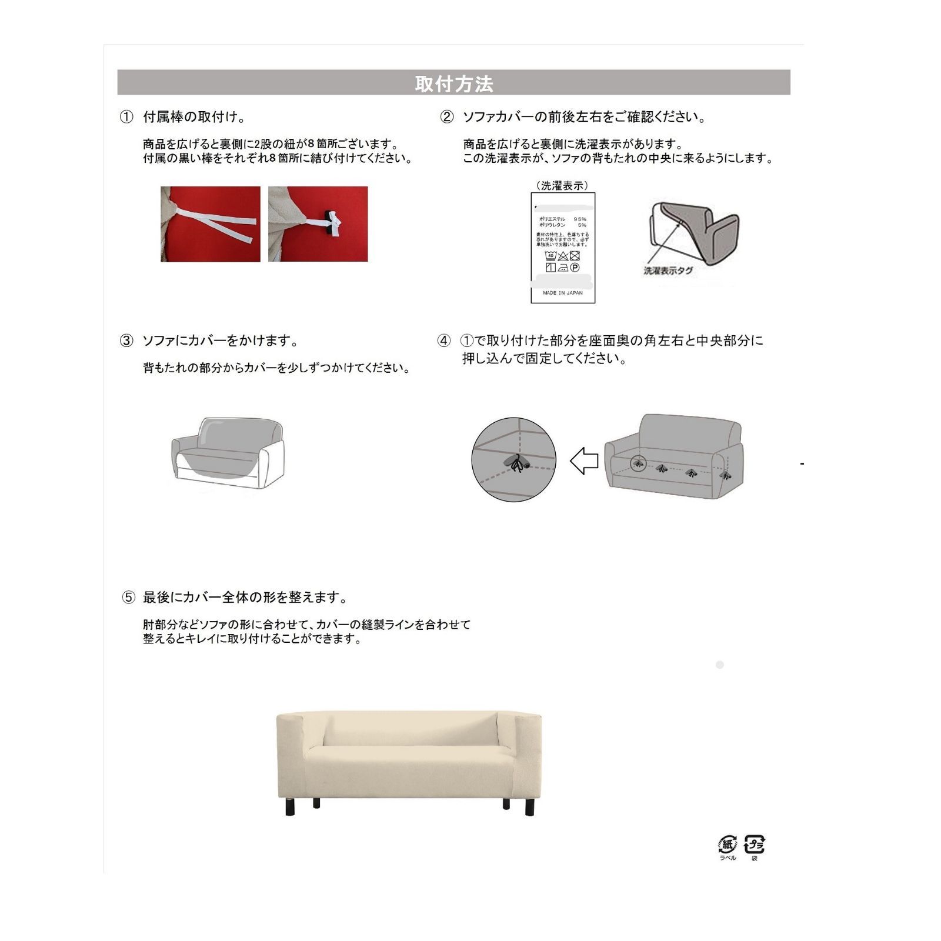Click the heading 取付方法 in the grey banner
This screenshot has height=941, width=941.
(x=453, y=84)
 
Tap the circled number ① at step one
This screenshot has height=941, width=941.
(x=126, y=117)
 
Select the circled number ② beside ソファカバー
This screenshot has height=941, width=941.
(x=447, y=117)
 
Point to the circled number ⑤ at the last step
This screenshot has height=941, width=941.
(x=129, y=598)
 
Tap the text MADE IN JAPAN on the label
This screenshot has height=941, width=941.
(x=563, y=292)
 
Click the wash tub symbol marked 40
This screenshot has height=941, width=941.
(x=550, y=256)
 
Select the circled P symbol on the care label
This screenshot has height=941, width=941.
(x=575, y=268)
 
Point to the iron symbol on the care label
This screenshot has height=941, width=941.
(x=563, y=268)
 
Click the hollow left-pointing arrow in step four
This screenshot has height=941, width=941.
(x=584, y=461)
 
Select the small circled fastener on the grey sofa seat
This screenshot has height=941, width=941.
(x=638, y=463)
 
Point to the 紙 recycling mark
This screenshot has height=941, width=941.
(x=728, y=845)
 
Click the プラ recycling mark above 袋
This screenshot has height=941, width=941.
(x=755, y=845)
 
